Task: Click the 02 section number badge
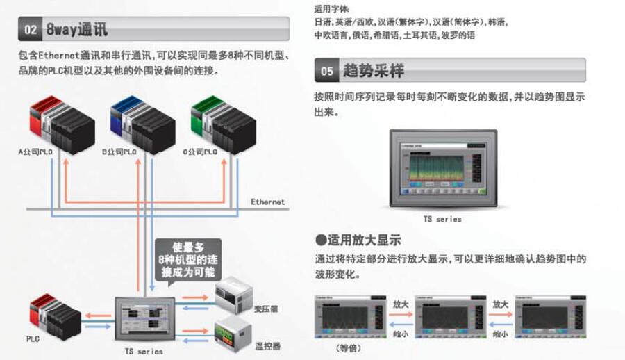(x=30, y=31)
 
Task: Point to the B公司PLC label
(x=119, y=151)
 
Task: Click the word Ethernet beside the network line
(x=267, y=202)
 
